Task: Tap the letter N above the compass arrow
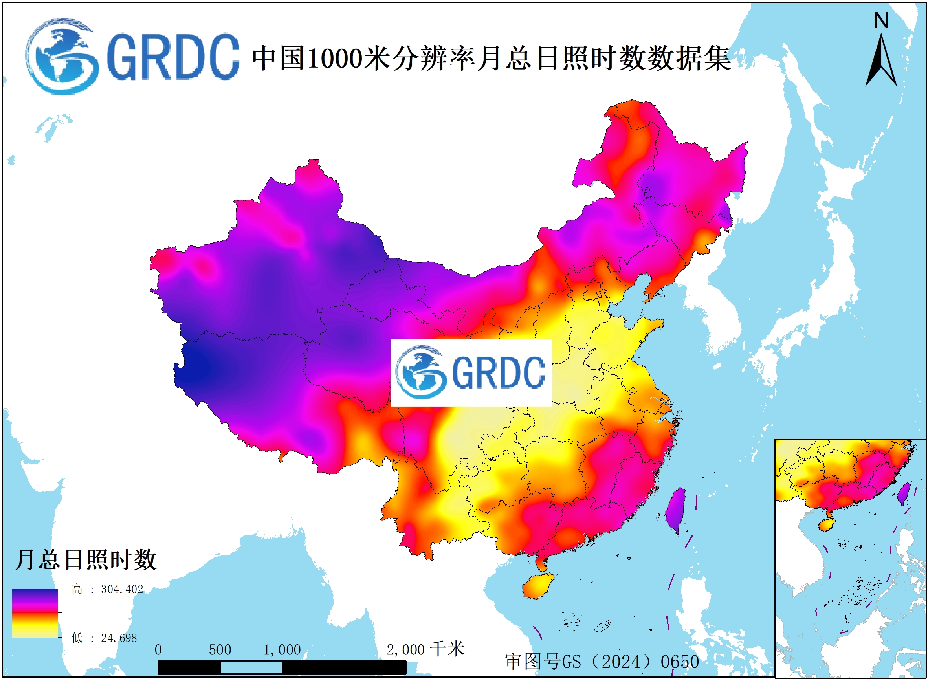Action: pos(881,20)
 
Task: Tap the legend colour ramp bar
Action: pos(35,613)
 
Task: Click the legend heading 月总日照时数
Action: pos(86,560)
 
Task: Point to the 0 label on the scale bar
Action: pos(158,650)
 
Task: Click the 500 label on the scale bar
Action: pos(220,650)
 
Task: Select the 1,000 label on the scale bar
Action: pos(282,650)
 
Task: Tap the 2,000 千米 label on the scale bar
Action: pos(425,649)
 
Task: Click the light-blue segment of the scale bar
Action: pos(251,667)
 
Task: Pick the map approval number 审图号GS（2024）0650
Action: pos(602,662)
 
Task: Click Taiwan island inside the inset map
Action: pos(903,493)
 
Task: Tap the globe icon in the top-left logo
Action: pos(62,57)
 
